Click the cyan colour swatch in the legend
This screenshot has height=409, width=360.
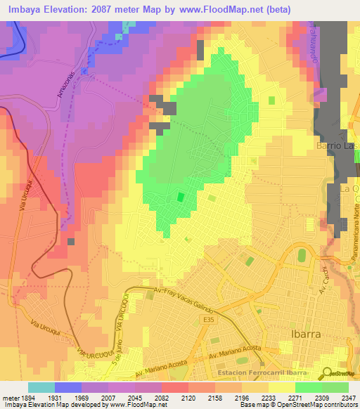tap(41, 387)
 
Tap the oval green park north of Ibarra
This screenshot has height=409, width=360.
tap(302, 255)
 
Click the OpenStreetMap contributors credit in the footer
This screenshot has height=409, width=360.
tap(316, 405)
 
